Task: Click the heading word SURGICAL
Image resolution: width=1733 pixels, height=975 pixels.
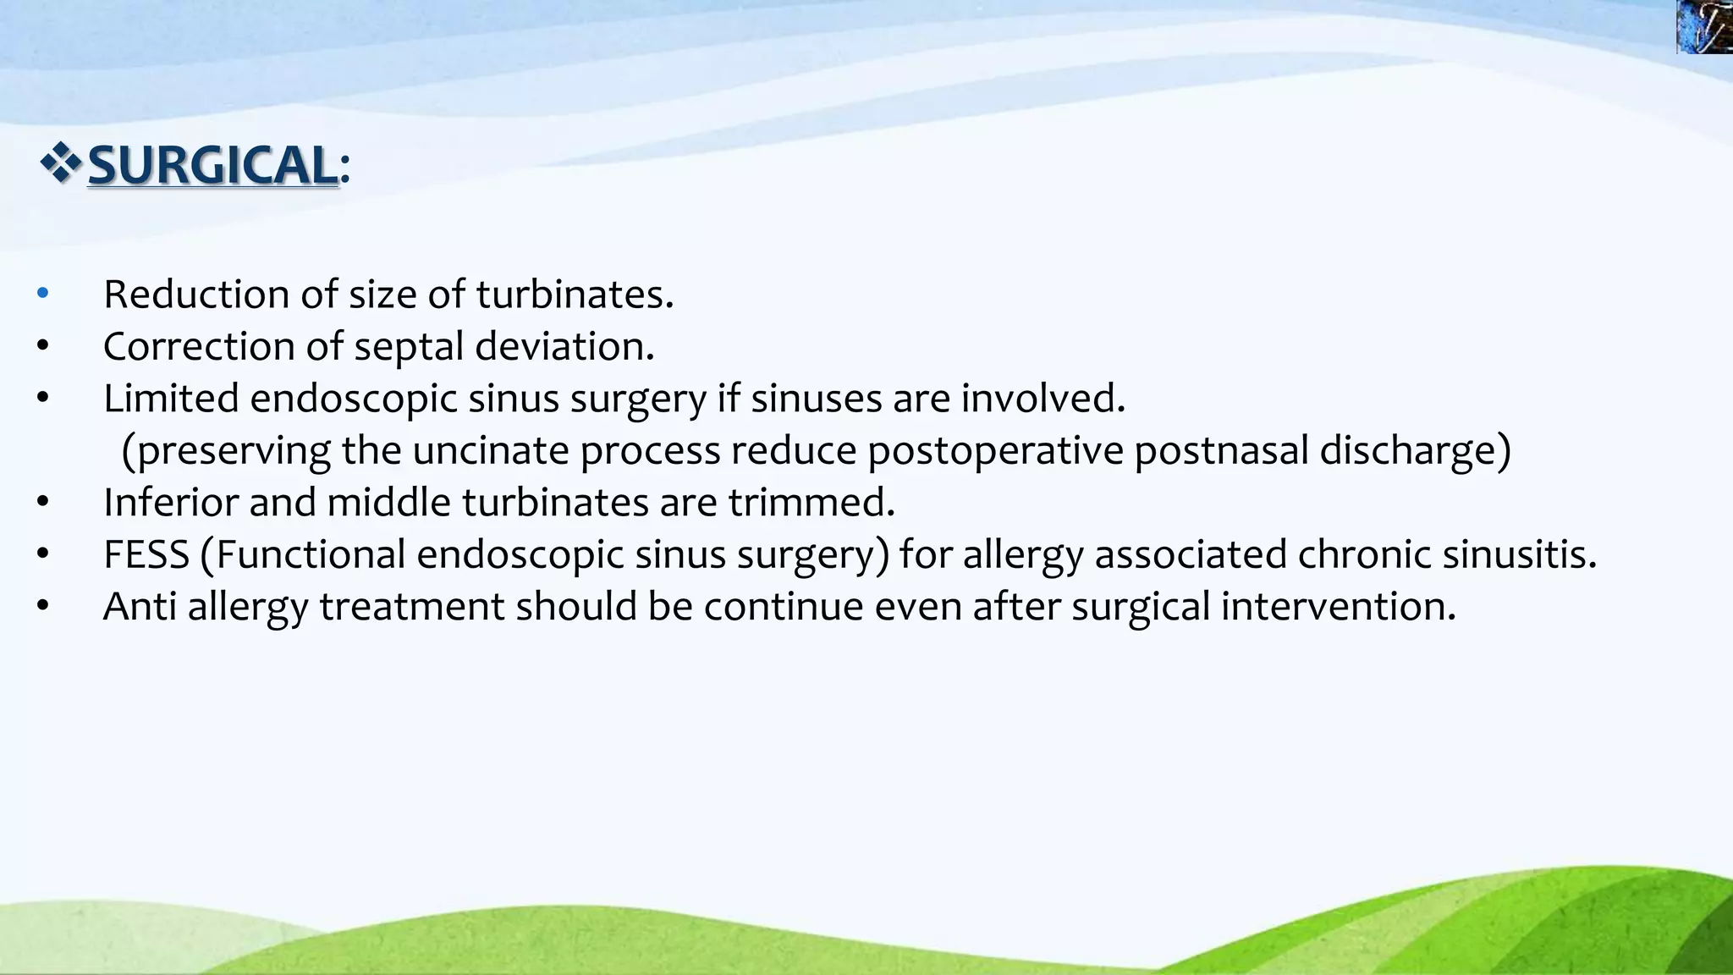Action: [x=213, y=164]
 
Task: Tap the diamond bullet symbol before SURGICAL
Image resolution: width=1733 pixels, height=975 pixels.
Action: [x=60, y=163]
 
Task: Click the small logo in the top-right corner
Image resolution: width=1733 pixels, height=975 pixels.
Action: [x=1704, y=26]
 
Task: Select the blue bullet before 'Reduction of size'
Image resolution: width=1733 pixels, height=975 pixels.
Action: [x=43, y=294]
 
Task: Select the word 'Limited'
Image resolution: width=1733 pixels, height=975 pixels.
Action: [x=171, y=399]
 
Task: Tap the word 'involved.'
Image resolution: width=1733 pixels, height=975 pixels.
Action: [x=1043, y=399]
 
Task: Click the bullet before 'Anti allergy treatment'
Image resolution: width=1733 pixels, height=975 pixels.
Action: [x=43, y=606]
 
